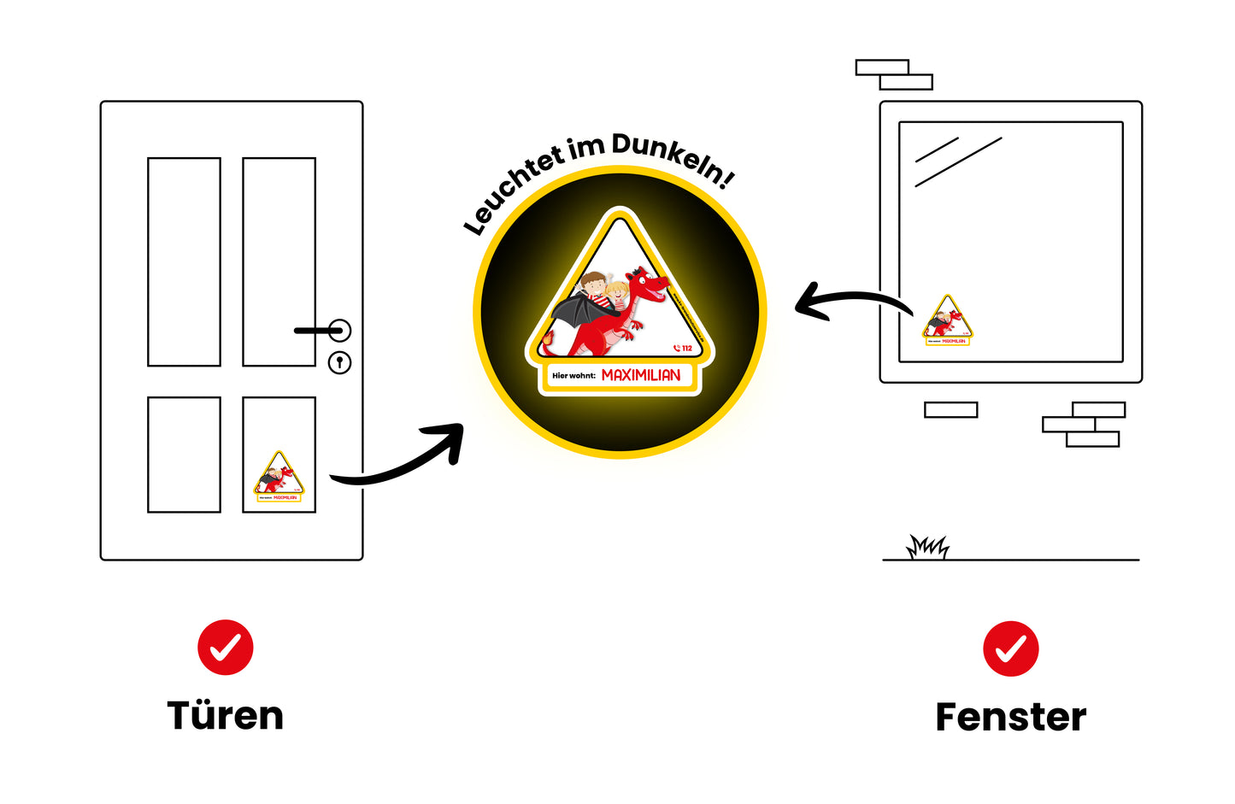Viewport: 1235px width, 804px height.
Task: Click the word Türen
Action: pyautogui.click(x=225, y=716)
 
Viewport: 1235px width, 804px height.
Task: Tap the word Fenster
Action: pyautogui.click(x=1010, y=717)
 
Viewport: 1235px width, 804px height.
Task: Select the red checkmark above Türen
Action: pyautogui.click(x=226, y=648)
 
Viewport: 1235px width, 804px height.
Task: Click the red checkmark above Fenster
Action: pyautogui.click(x=1011, y=648)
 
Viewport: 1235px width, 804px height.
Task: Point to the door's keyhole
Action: pyautogui.click(x=340, y=362)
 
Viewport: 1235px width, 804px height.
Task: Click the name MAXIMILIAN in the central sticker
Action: pyautogui.click(x=641, y=375)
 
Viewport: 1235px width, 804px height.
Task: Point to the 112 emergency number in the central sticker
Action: pyautogui.click(x=683, y=348)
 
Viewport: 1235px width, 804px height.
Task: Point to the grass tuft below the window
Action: pyautogui.click(x=927, y=547)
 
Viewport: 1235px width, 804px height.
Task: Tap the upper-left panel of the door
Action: pyautogui.click(x=184, y=261)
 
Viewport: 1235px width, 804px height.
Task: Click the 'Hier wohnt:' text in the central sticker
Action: pyautogui.click(x=573, y=376)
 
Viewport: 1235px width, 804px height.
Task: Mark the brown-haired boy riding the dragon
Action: pyautogui.click(x=593, y=285)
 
